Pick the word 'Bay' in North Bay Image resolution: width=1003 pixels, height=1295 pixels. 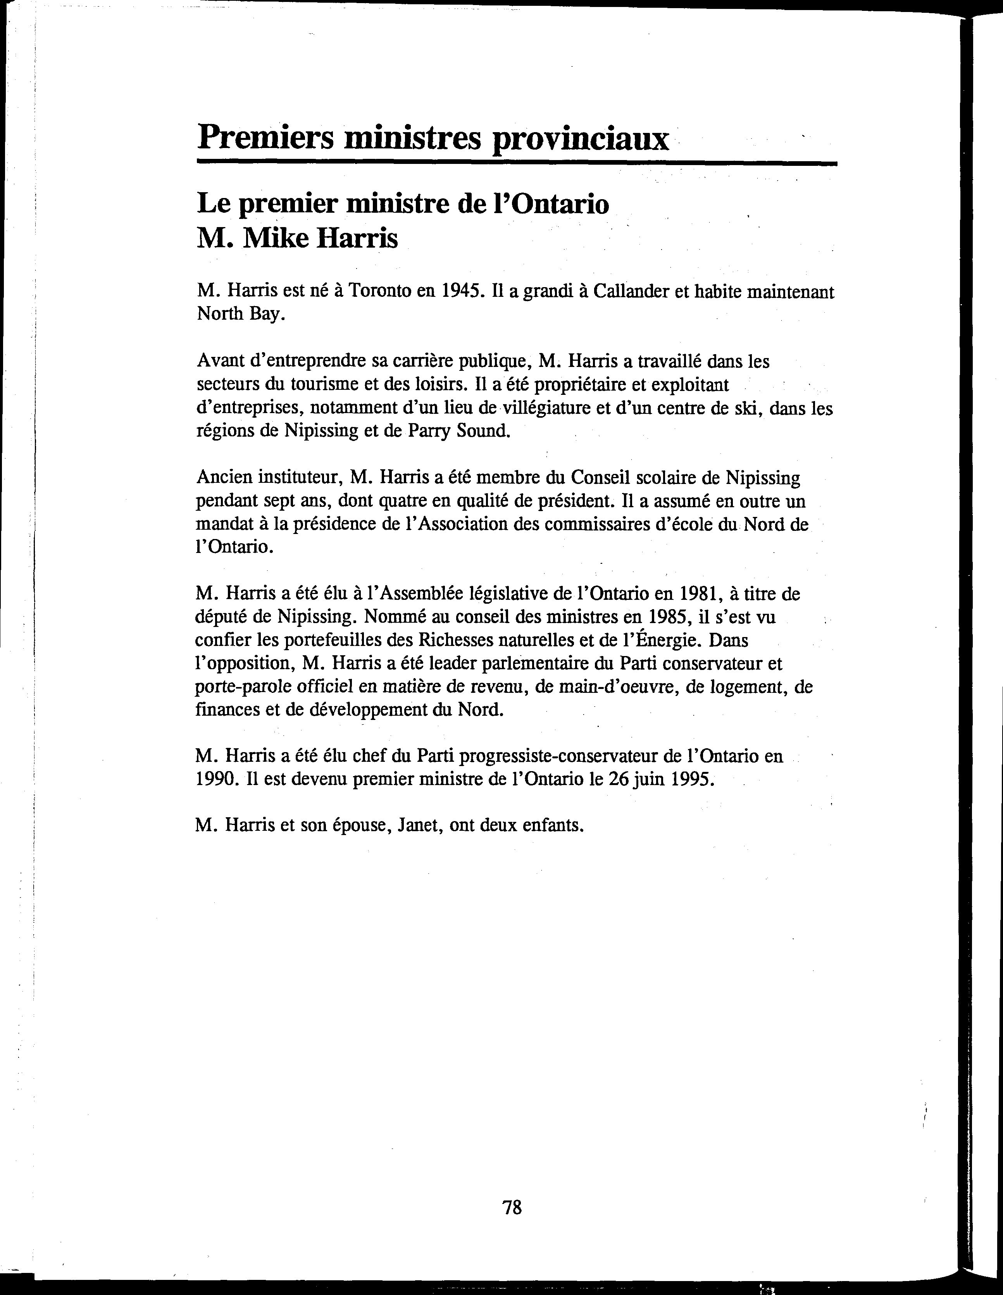click(x=266, y=314)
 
